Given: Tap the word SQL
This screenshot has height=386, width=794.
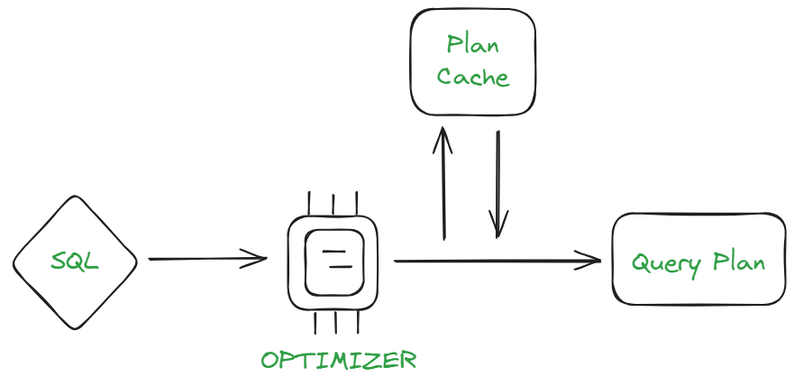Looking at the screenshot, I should [x=75, y=262].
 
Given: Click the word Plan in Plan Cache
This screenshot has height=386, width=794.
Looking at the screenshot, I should [x=473, y=45].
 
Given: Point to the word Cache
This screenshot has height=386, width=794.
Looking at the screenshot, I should [x=473, y=77].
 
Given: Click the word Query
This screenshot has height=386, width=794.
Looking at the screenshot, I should [x=662, y=263].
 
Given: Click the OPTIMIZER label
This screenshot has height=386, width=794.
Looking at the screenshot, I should [x=339, y=361].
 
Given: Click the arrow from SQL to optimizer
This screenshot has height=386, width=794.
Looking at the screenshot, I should [x=207, y=260].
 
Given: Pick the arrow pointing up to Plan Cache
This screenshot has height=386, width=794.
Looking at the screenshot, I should [x=443, y=185].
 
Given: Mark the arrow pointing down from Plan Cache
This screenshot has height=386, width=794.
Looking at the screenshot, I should [x=498, y=185].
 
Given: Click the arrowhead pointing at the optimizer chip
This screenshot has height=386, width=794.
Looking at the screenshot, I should [x=260, y=260].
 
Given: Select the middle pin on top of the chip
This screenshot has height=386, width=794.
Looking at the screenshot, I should [x=333, y=205].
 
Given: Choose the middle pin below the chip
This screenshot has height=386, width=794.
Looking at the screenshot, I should [x=335, y=323].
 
